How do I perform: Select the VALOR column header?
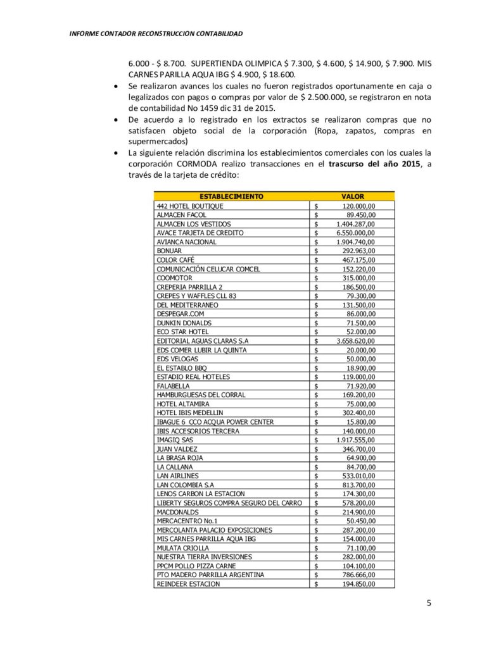pyautogui.click(x=353, y=197)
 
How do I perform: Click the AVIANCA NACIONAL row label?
pyautogui.click(x=186, y=242)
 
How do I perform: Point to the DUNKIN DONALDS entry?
pyautogui.click(x=184, y=323)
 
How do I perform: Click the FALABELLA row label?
pyautogui.click(x=173, y=385)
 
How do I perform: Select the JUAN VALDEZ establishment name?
pyautogui.click(x=176, y=449)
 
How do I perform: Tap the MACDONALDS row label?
pyautogui.click(x=177, y=512)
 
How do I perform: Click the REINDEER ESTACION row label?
pyautogui.click(x=188, y=584)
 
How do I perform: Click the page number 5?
pyautogui.click(x=429, y=603)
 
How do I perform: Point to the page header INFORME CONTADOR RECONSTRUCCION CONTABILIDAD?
pyautogui.click(x=156, y=33)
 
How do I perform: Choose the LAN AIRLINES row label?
pyautogui.click(x=177, y=476)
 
